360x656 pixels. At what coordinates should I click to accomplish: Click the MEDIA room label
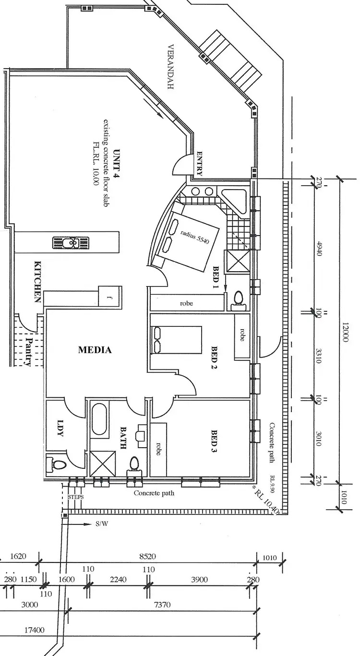tap(95, 350)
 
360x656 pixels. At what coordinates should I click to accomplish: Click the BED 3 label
tap(215, 441)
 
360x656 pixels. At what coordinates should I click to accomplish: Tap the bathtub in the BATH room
tap(100, 420)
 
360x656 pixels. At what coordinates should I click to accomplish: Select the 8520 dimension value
tap(147, 557)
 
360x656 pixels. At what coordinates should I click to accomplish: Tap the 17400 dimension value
tap(34, 630)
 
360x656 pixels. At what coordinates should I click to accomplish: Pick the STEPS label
tap(76, 497)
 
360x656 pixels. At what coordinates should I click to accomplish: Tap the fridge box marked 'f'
tap(108, 297)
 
